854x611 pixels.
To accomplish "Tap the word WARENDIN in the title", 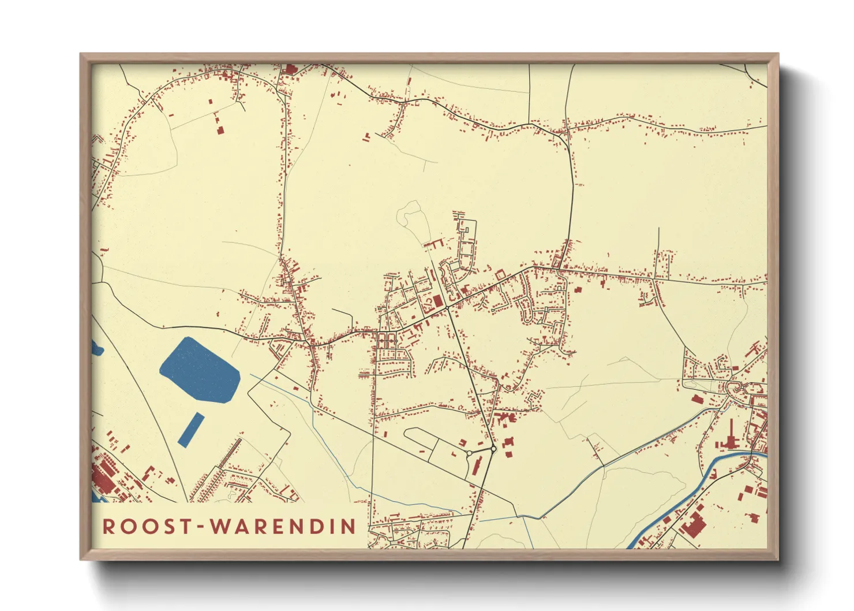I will click(283, 527).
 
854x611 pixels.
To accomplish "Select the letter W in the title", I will click(220, 527).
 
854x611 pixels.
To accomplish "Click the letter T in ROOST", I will click(185, 527).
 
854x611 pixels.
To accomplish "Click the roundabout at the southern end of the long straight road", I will click(493, 449).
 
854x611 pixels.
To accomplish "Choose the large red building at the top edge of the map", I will click(290, 70).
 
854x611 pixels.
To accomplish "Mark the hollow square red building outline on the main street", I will click(500, 274).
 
